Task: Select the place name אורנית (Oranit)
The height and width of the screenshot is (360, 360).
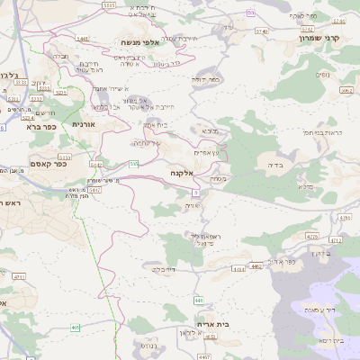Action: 83,123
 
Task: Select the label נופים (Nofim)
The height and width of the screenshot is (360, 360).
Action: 322,75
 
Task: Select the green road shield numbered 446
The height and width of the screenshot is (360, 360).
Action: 198,299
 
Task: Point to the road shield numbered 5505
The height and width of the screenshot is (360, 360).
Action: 109,5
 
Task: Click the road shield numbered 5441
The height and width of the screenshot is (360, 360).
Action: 83,39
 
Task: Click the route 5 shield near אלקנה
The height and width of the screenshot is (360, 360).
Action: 194,192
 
